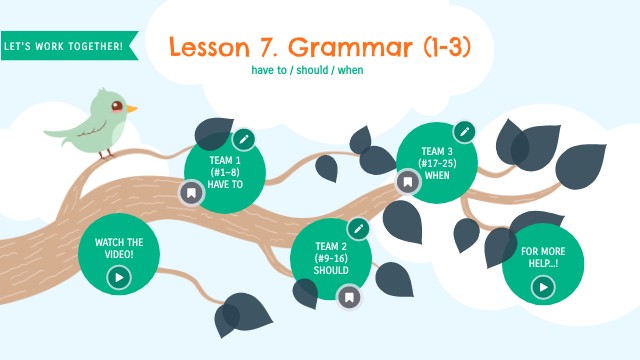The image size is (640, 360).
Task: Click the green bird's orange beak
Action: click(x=131, y=107)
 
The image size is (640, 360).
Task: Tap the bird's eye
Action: click(x=118, y=104)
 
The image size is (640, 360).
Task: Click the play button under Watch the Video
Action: click(x=119, y=277)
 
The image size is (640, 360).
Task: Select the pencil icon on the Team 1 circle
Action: click(x=244, y=138)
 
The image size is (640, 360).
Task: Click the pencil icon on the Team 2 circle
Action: click(x=359, y=228)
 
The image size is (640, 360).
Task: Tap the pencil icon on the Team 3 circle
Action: click(x=463, y=131)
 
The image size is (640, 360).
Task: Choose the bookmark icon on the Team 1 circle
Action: click(x=191, y=193)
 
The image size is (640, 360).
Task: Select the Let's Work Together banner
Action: click(x=63, y=46)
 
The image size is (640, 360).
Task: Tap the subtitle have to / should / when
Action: click(x=309, y=71)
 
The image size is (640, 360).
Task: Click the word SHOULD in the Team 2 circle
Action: click(x=331, y=270)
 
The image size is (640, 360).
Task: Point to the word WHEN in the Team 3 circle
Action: click(x=437, y=175)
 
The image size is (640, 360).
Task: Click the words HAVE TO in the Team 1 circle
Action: click(x=225, y=183)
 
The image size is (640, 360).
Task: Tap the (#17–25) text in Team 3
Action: click(x=437, y=163)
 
